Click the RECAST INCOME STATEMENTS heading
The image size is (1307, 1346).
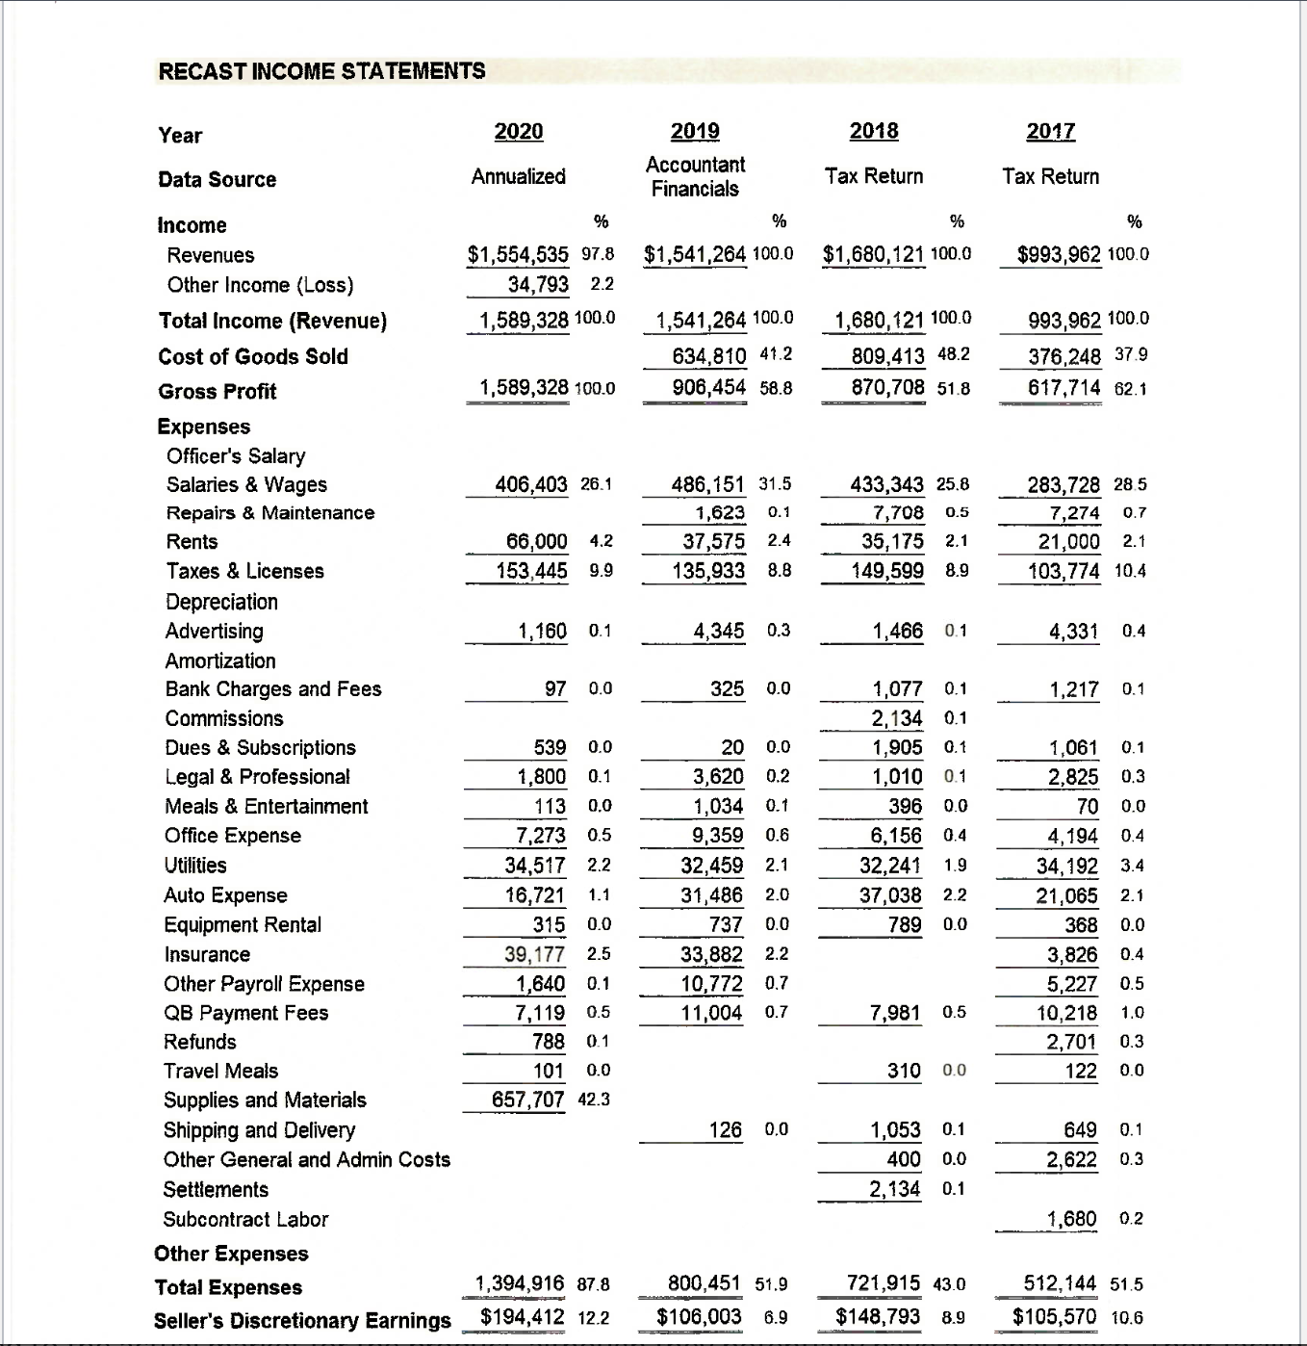coord(321,71)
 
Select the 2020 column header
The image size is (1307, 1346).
coord(518,132)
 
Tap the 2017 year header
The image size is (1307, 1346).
coord(1050,132)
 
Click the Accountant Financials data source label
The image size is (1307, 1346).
coord(695,176)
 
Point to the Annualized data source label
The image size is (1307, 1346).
coord(518,176)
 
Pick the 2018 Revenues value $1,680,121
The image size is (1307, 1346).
coord(874,254)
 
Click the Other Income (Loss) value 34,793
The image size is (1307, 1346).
coord(538,285)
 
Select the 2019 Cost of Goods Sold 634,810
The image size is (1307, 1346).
coord(708,356)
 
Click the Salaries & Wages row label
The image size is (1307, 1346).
coord(246,484)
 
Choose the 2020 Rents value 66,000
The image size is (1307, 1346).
coord(536,542)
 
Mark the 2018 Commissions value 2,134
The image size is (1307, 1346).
coord(896,718)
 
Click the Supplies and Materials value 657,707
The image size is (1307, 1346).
coord(527,1100)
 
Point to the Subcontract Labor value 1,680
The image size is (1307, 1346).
coord(1071,1219)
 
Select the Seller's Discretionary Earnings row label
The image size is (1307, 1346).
coord(302,1320)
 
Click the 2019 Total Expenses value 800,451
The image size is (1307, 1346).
coord(705,1283)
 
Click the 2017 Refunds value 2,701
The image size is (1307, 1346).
coord(1071,1042)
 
